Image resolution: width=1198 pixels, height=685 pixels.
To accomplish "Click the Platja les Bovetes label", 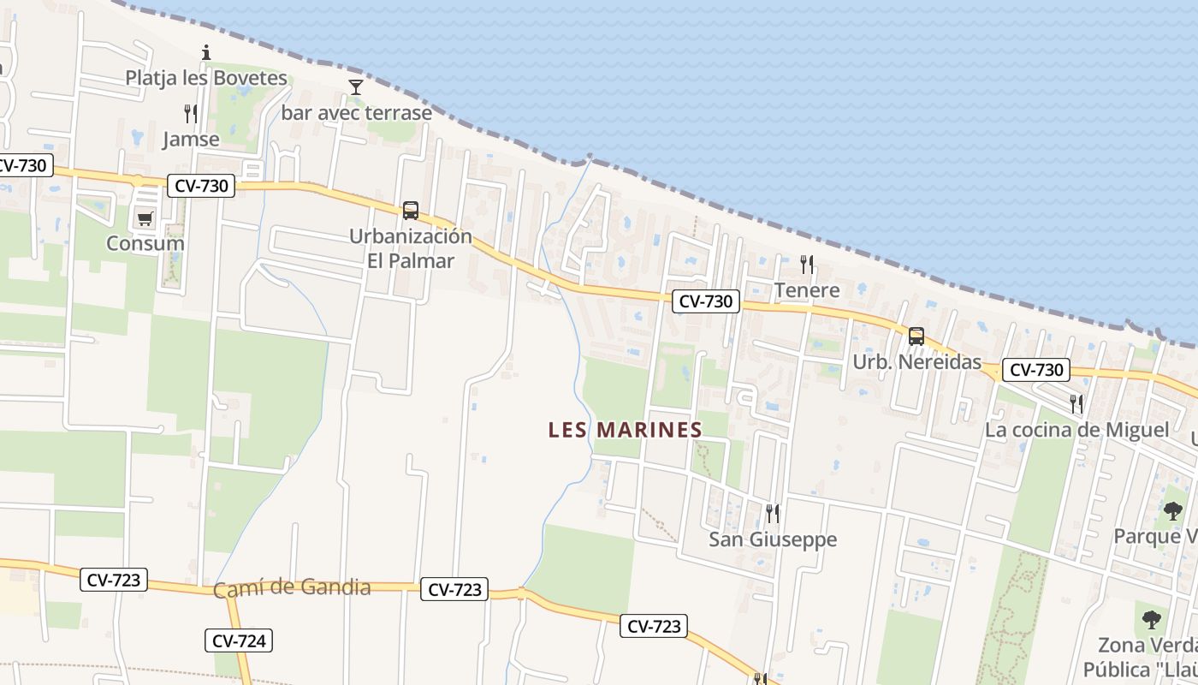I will click(206, 78).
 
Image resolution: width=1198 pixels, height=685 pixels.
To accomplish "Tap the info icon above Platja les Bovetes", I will click(205, 53).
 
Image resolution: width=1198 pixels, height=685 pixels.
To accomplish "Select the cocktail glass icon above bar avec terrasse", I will click(355, 86).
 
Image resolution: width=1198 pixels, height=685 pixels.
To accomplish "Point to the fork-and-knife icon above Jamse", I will click(191, 113).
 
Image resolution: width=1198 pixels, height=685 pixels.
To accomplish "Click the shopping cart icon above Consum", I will click(145, 219).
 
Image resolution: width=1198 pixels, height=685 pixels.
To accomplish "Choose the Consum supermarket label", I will click(145, 243).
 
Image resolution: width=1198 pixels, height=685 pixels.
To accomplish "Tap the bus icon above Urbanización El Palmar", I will click(411, 211).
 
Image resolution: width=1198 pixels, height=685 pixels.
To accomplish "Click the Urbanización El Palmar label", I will click(411, 248).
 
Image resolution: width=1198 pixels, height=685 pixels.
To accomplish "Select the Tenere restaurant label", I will click(807, 290).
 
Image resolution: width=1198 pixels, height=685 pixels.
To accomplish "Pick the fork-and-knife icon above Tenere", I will click(806, 264).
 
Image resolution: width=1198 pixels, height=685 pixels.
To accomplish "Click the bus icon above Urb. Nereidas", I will click(916, 336).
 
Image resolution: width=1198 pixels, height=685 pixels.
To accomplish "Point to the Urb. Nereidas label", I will click(916, 362).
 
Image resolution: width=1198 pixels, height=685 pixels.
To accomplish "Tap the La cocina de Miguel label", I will click(1076, 430).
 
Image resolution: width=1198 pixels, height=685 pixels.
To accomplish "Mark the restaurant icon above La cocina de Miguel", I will click(1076, 403).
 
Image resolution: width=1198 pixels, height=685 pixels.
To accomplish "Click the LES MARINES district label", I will click(625, 430).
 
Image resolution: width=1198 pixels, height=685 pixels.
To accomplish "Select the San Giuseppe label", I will click(773, 539).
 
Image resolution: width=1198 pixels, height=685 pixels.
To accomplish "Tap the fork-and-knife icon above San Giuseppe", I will click(772, 513).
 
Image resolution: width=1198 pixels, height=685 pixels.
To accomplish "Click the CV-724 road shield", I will click(239, 640).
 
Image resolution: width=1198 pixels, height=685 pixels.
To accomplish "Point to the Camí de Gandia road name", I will click(292, 588).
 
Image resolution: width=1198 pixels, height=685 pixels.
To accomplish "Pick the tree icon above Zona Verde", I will click(1152, 620).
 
